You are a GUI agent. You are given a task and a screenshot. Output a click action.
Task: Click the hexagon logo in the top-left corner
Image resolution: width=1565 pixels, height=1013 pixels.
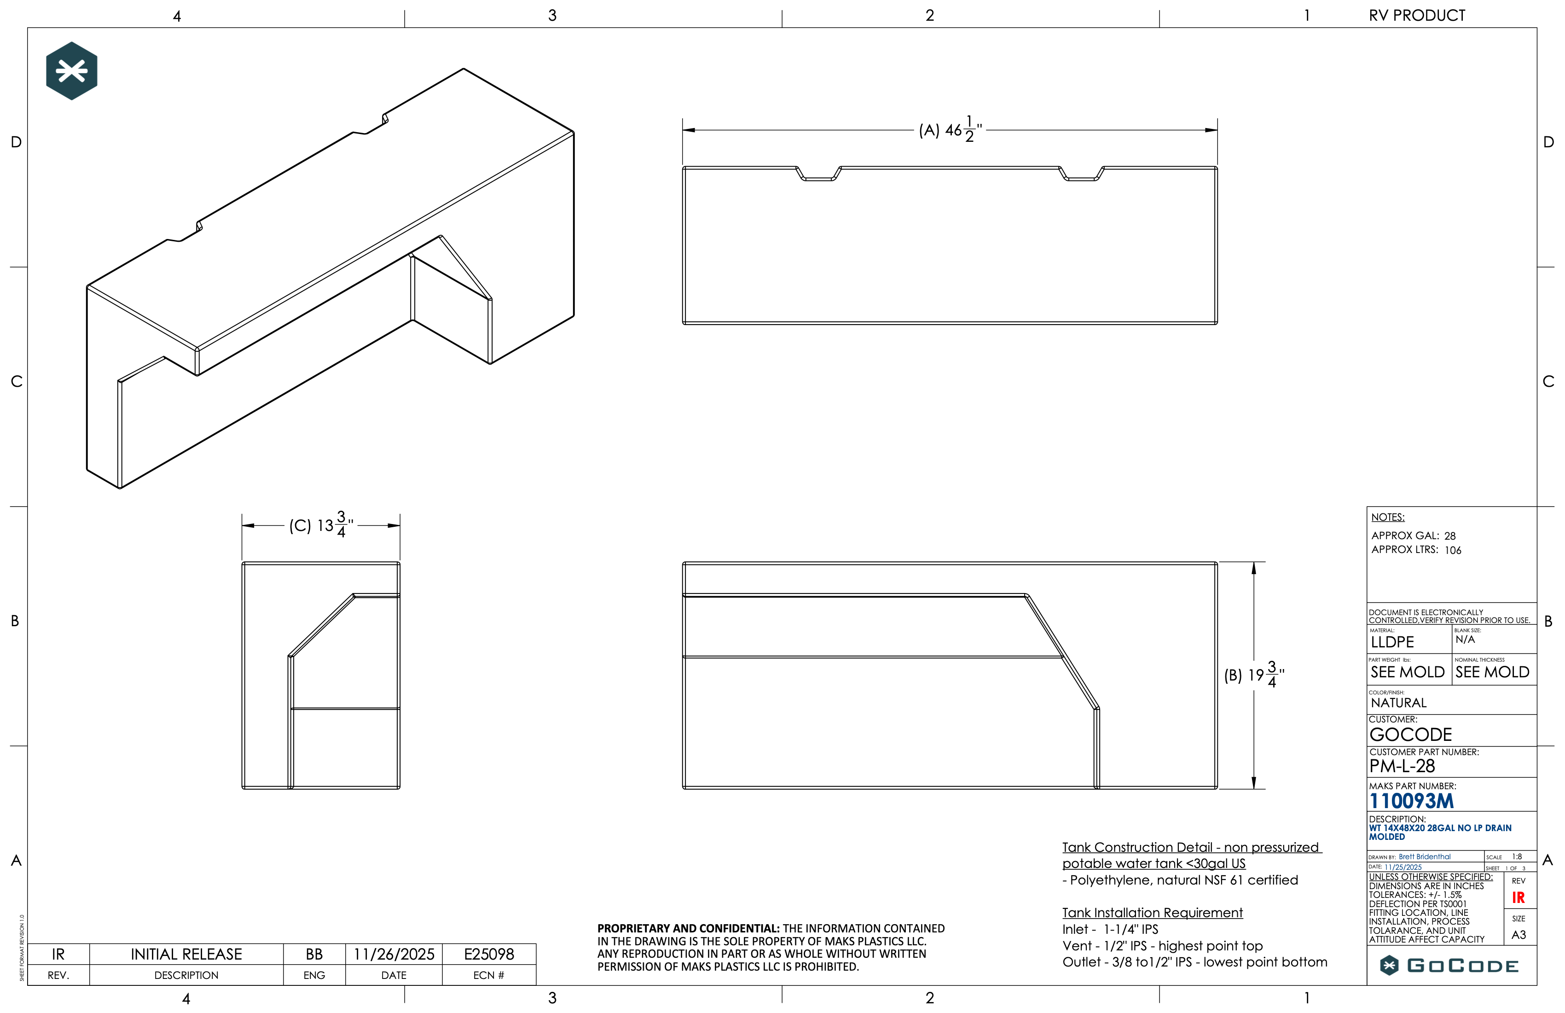(x=72, y=71)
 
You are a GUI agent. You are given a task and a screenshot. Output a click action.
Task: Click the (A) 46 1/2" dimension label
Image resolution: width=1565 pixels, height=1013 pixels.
(x=950, y=129)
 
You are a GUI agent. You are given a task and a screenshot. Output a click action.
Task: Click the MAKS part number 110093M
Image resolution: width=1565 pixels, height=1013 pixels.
(x=1411, y=801)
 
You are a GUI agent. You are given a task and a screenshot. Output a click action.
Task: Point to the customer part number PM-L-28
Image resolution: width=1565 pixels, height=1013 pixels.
(x=1402, y=766)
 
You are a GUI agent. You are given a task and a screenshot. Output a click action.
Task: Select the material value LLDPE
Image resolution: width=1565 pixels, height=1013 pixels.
(x=1392, y=642)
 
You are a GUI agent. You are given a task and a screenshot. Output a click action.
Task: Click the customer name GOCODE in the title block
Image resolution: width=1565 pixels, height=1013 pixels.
(x=1410, y=734)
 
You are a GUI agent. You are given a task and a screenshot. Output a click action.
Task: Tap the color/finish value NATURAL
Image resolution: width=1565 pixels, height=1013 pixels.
(x=1399, y=703)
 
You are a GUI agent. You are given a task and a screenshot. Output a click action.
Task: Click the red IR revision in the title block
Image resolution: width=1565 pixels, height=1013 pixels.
(x=1519, y=898)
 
